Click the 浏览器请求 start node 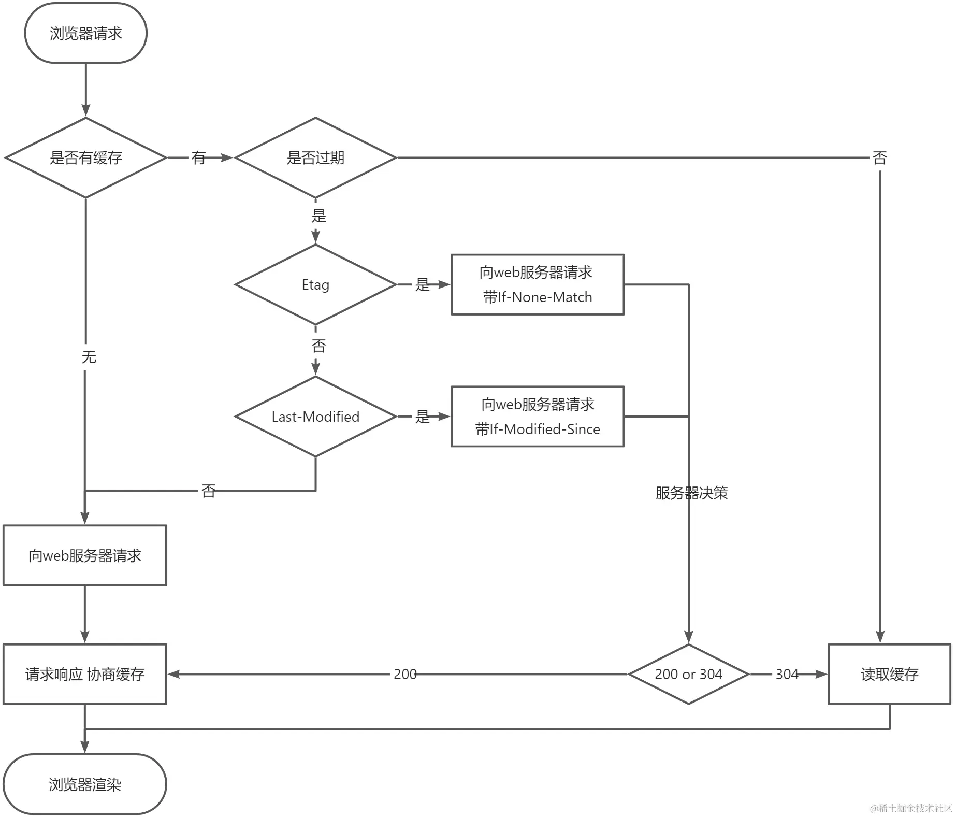click(86, 33)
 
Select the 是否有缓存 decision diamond click(86, 157)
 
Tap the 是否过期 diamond click(315, 157)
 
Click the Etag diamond click(315, 284)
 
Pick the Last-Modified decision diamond click(315, 417)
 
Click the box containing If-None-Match click(537, 284)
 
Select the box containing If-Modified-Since click(537, 417)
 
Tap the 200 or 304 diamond click(688, 674)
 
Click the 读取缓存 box click(889, 674)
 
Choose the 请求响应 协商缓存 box click(85, 674)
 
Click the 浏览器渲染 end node click(85, 784)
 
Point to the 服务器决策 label click(691, 493)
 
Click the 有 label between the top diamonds click(199, 157)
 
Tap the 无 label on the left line click(89, 357)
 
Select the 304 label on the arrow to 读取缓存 click(787, 674)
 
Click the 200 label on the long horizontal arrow click(405, 674)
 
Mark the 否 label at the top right click(879, 157)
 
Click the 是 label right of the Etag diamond click(423, 284)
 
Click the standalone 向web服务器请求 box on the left click(85, 555)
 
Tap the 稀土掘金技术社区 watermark click(911, 808)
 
